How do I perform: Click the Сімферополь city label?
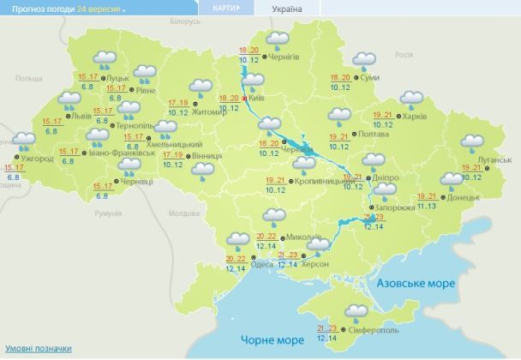click(373, 330)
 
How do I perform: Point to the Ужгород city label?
click(37, 159)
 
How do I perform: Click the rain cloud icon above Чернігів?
click(278, 39)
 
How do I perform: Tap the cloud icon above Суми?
click(364, 61)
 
